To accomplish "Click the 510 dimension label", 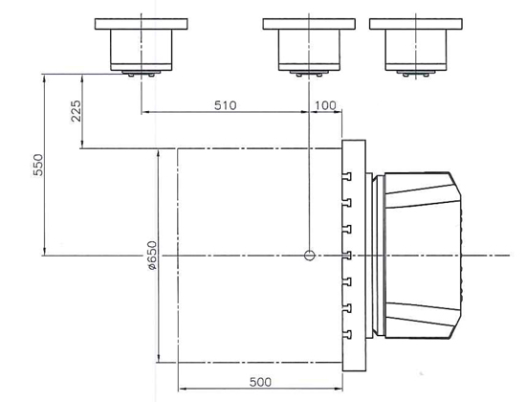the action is coord(225,105).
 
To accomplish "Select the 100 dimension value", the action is coord(325,105).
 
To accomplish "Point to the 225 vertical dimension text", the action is coord(77,111).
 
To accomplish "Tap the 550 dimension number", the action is coord(38,165).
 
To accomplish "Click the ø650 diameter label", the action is coord(152,256).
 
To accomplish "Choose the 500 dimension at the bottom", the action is coord(260,382).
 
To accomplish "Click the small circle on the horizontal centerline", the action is coord(309,256).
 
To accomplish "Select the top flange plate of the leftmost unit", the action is coord(142,24).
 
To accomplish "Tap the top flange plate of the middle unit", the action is coord(309,24).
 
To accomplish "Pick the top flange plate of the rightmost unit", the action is coord(416,24).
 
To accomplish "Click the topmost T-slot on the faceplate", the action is coord(347,176).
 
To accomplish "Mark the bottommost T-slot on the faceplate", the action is coord(347,335).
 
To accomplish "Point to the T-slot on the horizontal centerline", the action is coord(347,256).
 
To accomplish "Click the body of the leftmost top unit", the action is coord(142,50).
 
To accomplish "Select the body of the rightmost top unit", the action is coord(416,50).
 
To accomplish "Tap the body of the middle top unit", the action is coord(309,50).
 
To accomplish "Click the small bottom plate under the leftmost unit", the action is coord(142,72).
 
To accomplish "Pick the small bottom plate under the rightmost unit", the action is coord(416,72).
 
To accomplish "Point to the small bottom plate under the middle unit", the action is coord(309,72).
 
